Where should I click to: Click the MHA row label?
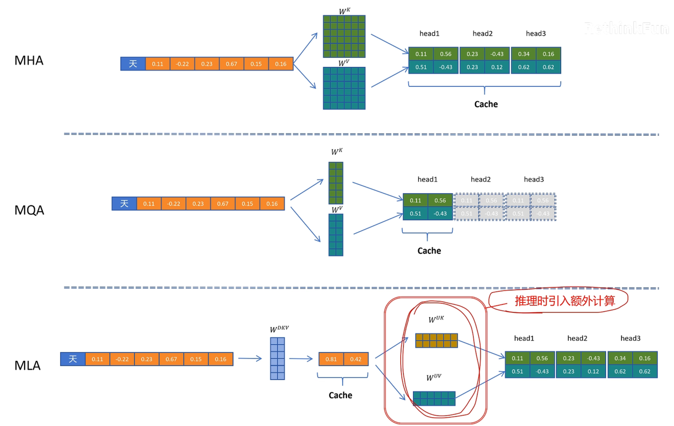click(x=29, y=61)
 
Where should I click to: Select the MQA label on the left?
click(x=29, y=210)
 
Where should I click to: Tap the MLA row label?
click(x=27, y=365)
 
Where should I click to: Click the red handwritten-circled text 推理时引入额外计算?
click(x=564, y=301)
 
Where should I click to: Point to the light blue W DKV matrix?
click(x=277, y=359)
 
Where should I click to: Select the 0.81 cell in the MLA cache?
click(x=331, y=359)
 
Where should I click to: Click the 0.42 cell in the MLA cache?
click(x=356, y=359)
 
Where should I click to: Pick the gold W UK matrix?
click(x=437, y=341)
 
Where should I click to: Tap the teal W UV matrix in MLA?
click(x=434, y=399)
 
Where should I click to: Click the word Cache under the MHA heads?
click(x=485, y=104)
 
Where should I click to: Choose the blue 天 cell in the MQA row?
click(x=124, y=203)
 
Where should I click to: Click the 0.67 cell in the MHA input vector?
click(x=232, y=64)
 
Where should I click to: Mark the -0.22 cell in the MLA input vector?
click(x=122, y=359)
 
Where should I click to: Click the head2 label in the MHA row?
click(x=482, y=34)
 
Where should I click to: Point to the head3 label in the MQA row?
click(x=533, y=180)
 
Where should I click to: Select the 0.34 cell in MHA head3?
click(x=524, y=54)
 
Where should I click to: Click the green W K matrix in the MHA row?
click(x=344, y=36)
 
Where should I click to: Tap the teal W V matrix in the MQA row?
click(x=336, y=235)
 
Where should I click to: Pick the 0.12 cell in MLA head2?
click(x=593, y=371)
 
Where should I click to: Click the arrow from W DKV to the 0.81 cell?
click(x=301, y=359)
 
